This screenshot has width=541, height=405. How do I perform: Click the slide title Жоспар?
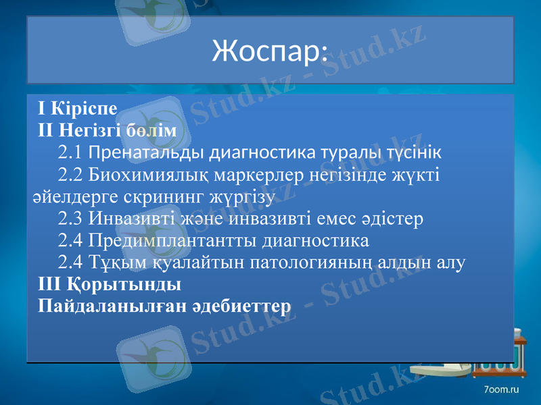[x=270, y=50]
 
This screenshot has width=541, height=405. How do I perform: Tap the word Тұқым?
[x=112, y=262]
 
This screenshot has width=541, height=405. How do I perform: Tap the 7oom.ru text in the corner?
[x=501, y=390]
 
